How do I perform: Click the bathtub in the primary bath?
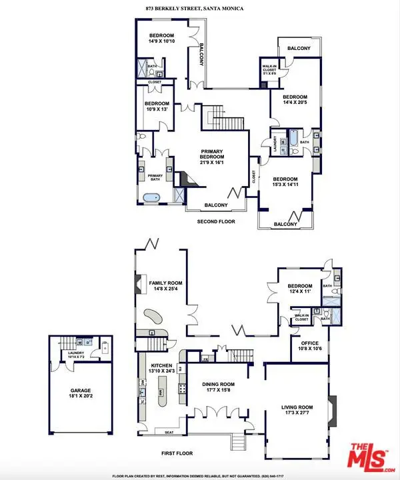click(151, 198)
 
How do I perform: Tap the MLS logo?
click(371, 455)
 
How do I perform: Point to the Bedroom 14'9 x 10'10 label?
click(162, 38)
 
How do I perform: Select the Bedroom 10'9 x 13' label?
click(157, 107)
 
